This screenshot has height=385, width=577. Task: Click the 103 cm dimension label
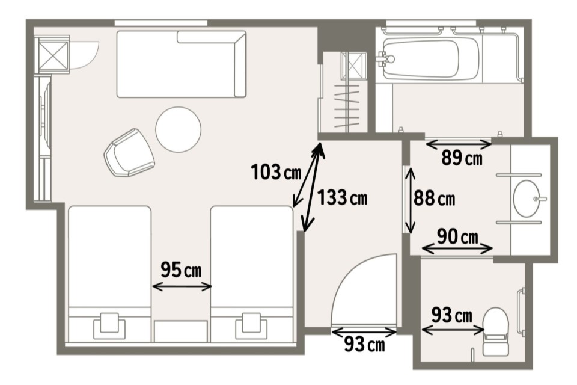[276, 172]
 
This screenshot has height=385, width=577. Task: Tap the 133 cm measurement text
[342, 197]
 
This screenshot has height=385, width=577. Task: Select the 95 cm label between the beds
[181, 269]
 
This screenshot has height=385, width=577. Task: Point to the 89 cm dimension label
[462, 158]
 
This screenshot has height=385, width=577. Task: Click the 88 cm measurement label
[434, 198]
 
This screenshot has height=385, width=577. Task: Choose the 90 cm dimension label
[457, 237]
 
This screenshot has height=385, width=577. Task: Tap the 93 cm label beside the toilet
[452, 315]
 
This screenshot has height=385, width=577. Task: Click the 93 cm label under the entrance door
[365, 345]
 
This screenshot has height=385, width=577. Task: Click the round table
[178, 129]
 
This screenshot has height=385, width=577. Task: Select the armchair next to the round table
[129, 153]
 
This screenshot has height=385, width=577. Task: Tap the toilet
[495, 331]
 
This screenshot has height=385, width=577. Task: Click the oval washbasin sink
[527, 199]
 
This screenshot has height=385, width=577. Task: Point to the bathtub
[431, 58]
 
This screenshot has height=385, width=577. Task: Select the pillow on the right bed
[251, 325]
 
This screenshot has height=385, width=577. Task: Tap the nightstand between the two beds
[180, 331]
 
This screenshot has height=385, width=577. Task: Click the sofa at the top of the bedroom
[182, 64]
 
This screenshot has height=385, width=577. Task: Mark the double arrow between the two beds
[182, 286]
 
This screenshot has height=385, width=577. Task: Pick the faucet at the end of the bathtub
[386, 58]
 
